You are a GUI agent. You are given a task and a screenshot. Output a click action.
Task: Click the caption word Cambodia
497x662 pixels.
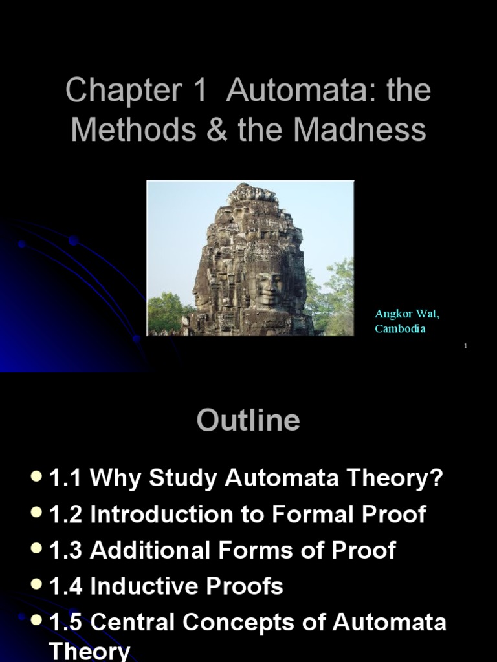tap(400, 328)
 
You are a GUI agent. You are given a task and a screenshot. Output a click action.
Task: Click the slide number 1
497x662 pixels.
tap(465, 347)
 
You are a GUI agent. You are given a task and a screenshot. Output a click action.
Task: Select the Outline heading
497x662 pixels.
tap(248, 420)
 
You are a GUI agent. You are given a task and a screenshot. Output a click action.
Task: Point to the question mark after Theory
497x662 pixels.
tap(437, 479)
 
